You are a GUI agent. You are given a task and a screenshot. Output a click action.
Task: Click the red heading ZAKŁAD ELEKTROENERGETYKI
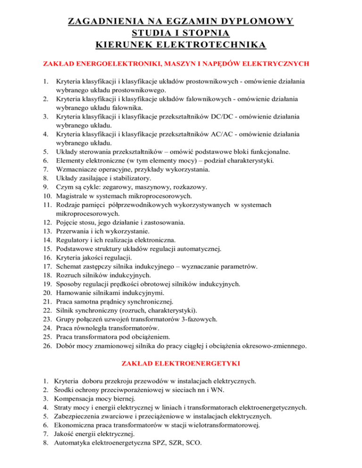(x=181, y=363)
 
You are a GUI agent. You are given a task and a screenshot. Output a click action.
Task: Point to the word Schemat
(x=69, y=266)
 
